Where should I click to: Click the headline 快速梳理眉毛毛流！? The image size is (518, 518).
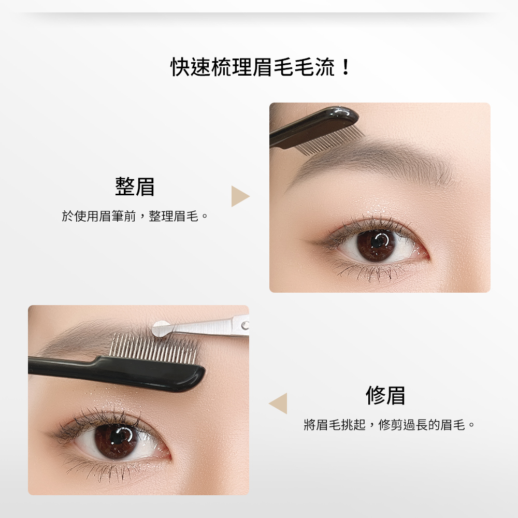[x=261, y=67]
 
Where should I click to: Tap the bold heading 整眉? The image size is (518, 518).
[x=135, y=186]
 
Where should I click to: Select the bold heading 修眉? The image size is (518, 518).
[x=385, y=395]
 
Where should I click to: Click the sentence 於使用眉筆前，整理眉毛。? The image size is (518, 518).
[x=135, y=217]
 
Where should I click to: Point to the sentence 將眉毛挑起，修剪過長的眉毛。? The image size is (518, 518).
[x=389, y=425]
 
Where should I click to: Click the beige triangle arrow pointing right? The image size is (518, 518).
[x=239, y=196]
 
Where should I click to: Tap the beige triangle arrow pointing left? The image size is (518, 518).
[x=279, y=404]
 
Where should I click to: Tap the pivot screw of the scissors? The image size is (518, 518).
[x=245, y=326]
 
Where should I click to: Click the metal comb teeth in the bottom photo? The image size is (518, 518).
[x=154, y=349]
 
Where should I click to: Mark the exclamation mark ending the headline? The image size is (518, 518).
[x=346, y=67]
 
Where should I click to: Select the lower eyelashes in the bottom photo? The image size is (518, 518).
[x=106, y=466]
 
